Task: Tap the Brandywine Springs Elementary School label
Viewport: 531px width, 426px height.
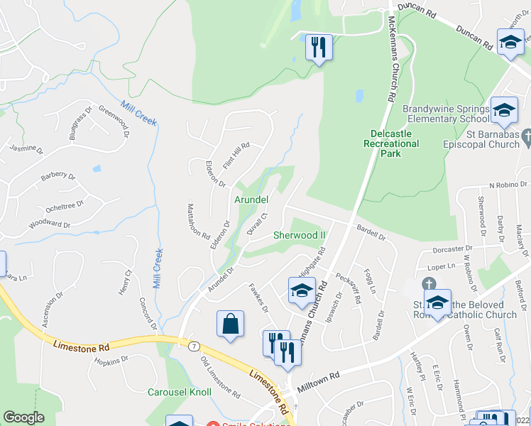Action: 446,114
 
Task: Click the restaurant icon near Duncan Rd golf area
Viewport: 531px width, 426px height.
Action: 317,48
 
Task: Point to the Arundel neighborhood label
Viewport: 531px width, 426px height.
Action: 251,200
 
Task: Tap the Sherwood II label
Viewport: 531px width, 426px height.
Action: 299,235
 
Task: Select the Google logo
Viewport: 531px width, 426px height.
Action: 23,417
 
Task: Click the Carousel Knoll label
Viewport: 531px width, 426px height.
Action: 180,392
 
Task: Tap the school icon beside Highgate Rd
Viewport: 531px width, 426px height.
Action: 301,290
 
